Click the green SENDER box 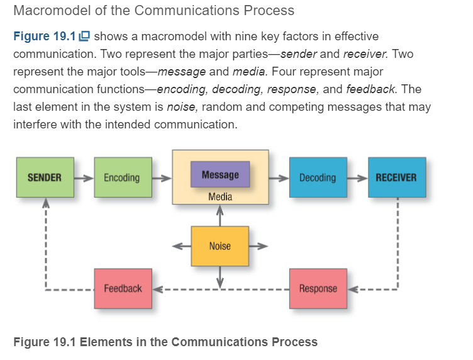point(45,177)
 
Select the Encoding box point(121,177)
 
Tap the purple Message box point(220,174)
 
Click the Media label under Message point(220,197)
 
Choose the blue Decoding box point(318,177)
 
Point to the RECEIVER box point(396,177)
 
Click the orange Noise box point(220,246)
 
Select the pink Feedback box point(123,288)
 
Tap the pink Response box point(318,288)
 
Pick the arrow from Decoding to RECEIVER point(358,178)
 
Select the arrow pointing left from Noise point(182,246)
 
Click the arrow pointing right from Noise point(259,246)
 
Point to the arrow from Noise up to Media point(220,215)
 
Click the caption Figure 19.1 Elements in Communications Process point(165,342)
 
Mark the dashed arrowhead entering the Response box point(353,290)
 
